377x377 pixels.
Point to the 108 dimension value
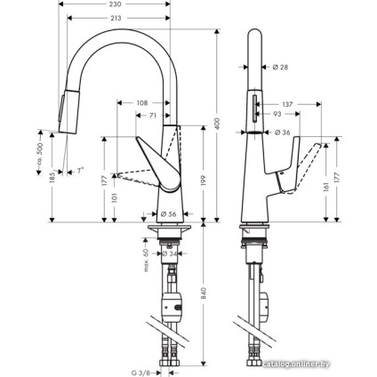[142, 104]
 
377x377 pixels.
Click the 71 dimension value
[153, 116]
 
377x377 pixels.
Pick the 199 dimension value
[204, 180]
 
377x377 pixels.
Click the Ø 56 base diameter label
[169, 213]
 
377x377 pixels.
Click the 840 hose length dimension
[204, 294]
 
